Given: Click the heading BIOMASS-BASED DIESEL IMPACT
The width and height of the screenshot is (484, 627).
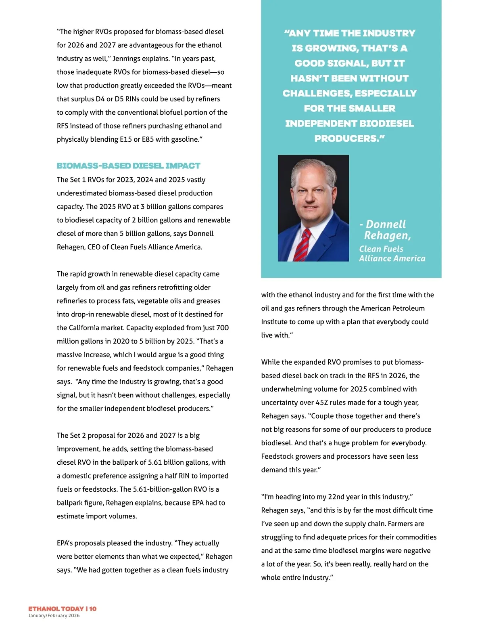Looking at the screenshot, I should coord(128,166).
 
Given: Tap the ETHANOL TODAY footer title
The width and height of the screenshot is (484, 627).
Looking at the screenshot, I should coord(56,608).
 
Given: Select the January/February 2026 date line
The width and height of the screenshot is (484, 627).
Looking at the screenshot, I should coord(54,616).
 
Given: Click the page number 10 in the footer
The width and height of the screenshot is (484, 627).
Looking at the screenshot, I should coord(93,608).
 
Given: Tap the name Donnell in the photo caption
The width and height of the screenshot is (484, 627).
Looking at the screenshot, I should coord(386,224).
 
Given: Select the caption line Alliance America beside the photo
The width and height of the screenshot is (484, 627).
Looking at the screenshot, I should coord(392,258).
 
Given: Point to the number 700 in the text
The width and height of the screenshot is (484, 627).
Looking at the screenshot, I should coord(222,328).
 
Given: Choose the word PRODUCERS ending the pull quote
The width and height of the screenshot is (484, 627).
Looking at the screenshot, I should coord(347,138).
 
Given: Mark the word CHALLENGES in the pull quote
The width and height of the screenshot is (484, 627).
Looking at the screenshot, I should coord(316,93).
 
